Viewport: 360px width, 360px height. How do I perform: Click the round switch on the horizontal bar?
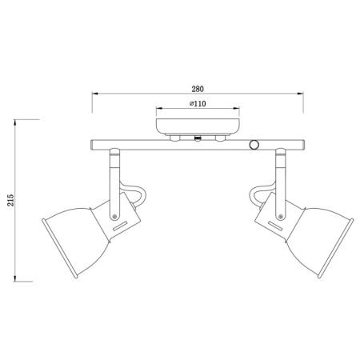255,145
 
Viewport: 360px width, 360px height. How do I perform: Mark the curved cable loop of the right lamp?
258,194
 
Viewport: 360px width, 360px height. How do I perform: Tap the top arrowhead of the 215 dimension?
18,122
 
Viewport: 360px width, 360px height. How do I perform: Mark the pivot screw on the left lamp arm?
117,215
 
